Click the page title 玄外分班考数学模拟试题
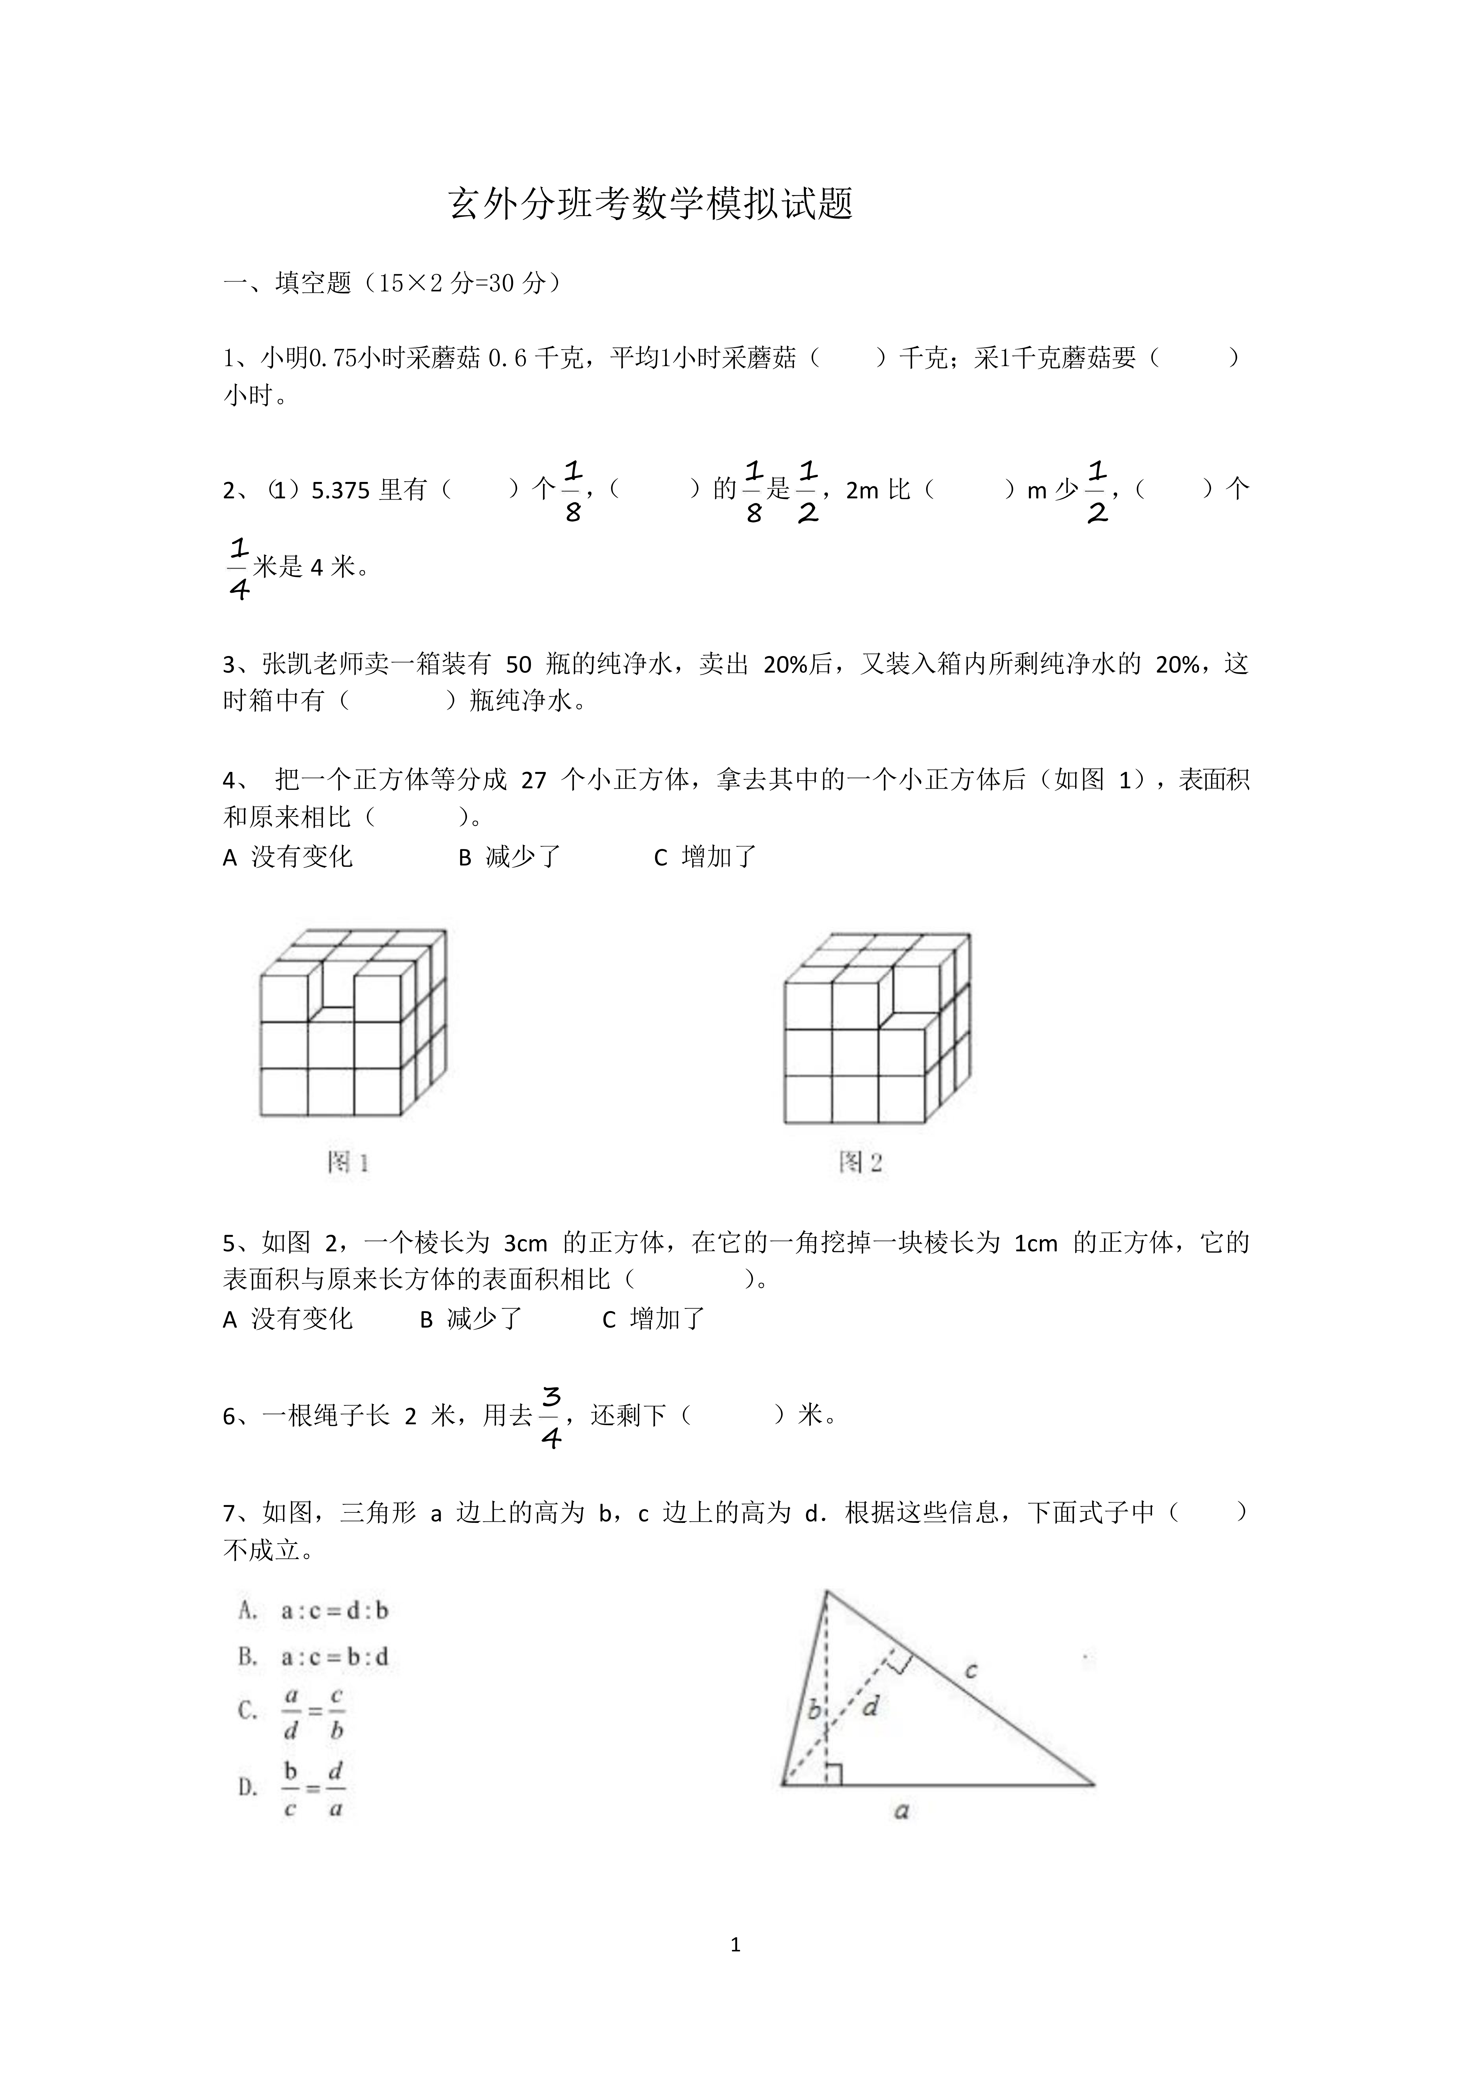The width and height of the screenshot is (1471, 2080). pos(650,205)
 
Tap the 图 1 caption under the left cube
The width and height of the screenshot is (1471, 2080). pos(348,1162)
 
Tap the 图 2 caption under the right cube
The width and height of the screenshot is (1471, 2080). pos(860,1162)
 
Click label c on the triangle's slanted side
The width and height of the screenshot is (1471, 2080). pos(970,1670)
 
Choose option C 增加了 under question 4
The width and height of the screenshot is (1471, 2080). pos(705,857)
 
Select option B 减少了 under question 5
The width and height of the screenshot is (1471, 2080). pos(471,1319)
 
